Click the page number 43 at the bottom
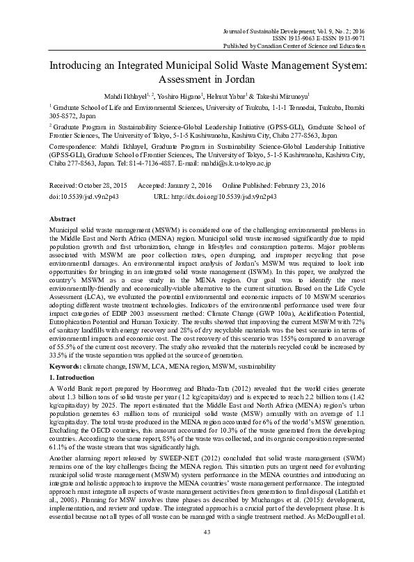pos(207,552)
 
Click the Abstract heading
pos(63,218)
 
